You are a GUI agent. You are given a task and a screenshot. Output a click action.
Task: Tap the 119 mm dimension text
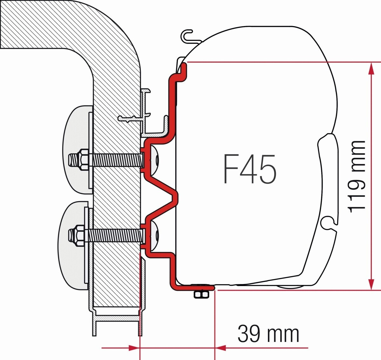(357, 177)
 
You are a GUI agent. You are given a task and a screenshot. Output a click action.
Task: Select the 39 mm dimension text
(268, 334)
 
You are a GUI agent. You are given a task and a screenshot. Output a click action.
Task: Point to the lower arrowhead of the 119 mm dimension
(371, 284)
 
